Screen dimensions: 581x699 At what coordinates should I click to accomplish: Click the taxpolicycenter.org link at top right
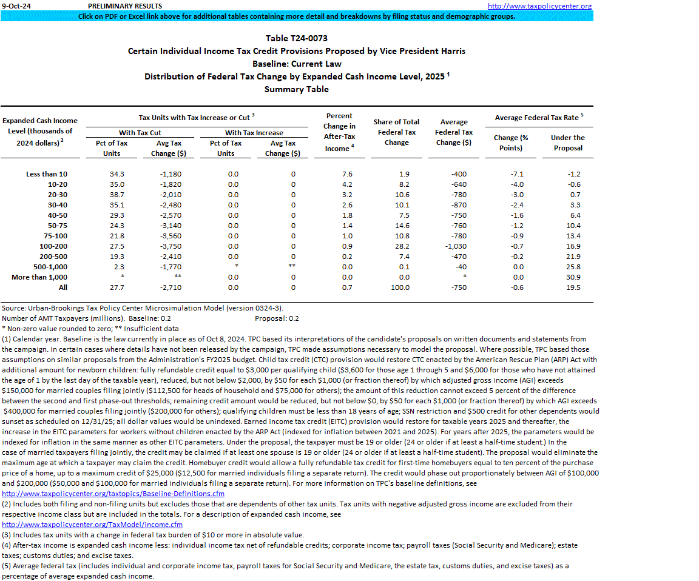539,6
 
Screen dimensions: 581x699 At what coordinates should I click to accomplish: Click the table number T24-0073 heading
296,38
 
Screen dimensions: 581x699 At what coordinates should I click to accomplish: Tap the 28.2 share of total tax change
399,246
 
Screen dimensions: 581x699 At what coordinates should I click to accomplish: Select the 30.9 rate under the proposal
573,277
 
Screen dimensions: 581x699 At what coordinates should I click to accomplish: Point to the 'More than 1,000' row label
39,277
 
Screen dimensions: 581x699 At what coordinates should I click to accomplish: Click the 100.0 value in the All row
400,287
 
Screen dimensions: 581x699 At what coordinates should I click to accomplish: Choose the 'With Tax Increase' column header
254,133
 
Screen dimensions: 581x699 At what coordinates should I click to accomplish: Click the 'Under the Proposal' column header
567,143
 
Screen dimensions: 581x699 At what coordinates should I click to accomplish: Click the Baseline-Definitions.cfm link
113,494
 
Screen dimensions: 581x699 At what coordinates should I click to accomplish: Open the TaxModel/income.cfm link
92,525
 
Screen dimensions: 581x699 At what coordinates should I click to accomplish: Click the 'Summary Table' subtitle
296,89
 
